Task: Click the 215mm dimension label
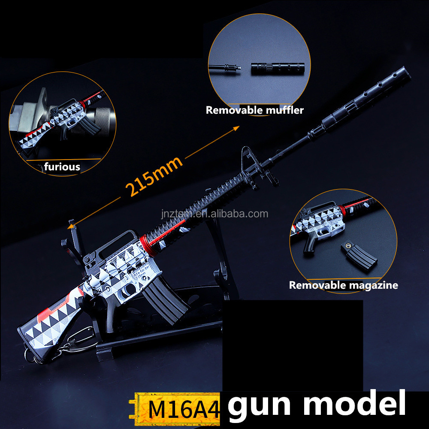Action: (x=154, y=176)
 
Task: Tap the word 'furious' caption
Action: (x=62, y=166)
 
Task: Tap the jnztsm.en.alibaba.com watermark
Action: (x=215, y=214)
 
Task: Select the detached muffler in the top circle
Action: (x=278, y=68)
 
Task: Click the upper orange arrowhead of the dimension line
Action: (x=236, y=128)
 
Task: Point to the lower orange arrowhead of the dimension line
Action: (x=71, y=226)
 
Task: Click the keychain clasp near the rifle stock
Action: (x=79, y=339)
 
